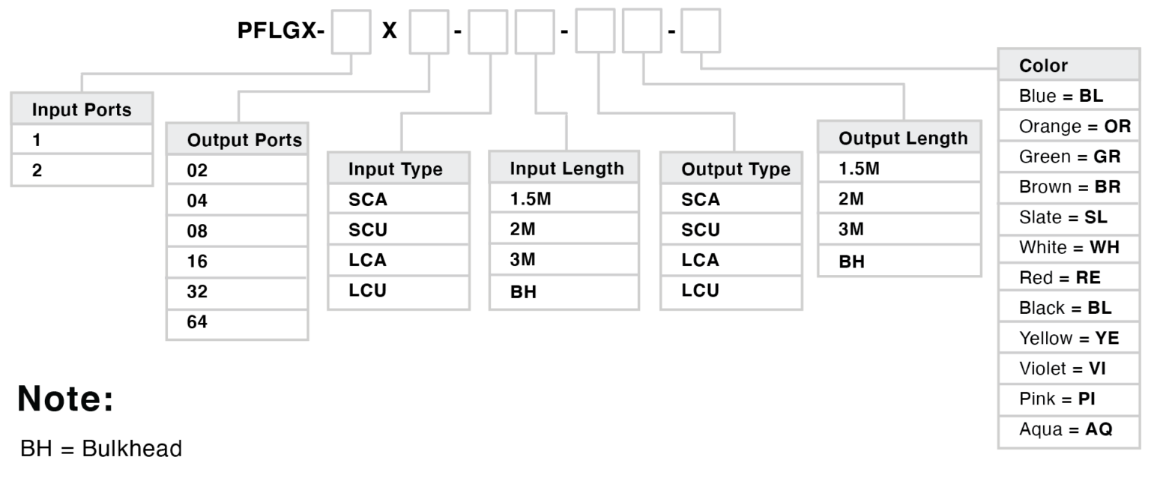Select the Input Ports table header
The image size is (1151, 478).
(x=82, y=110)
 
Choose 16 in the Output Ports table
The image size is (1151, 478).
(x=197, y=261)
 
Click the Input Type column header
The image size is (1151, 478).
(x=395, y=169)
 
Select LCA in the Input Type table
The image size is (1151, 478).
(x=367, y=261)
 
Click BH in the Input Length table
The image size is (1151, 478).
(x=522, y=292)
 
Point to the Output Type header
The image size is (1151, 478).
(x=735, y=169)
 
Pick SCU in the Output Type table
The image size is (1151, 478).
(x=701, y=230)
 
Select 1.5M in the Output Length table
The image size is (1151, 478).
(x=860, y=169)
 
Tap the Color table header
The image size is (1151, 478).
(x=1043, y=65)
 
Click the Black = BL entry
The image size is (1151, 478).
(x=1065, y=308)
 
